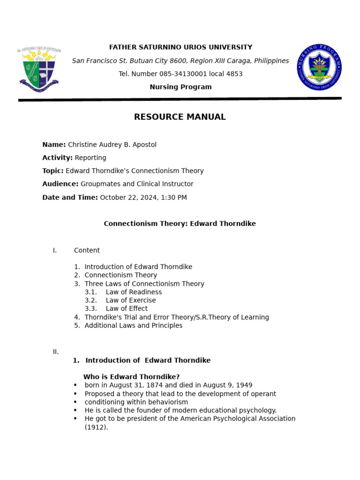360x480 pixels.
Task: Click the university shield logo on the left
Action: point(39,68)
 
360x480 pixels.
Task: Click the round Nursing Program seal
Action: point(319,67)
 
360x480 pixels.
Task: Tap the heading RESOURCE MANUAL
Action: point(180,117)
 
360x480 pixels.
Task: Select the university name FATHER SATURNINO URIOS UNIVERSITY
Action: point(180,47)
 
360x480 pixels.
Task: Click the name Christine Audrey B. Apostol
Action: point(112,145)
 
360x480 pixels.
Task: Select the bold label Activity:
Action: point(57,158)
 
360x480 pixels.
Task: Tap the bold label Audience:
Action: point(60,184)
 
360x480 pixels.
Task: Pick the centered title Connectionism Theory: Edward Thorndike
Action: point(180,224)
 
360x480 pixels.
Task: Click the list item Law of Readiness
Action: point(134,292)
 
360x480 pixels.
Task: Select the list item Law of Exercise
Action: point(131,300)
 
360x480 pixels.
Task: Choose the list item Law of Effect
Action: point(127,308)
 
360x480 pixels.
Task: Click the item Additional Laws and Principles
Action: point(134,325)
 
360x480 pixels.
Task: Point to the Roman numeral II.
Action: point(55,352)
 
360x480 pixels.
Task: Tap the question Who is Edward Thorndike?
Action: point(131,377)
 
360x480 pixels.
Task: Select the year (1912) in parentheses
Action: point(96,427)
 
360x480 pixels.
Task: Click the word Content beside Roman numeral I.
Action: point(87,250)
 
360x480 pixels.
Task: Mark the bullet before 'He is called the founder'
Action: point(75,411)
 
